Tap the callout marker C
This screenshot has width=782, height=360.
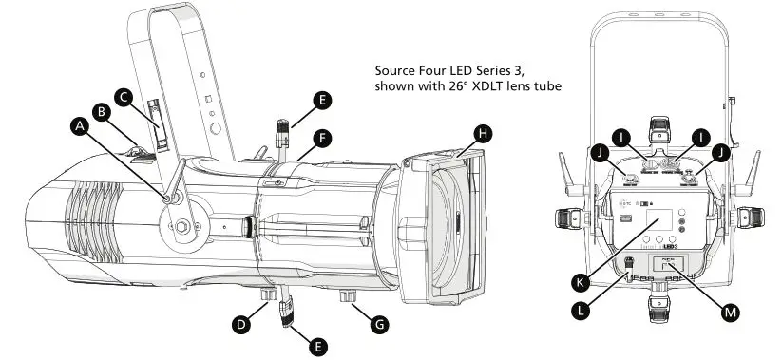[123, 96]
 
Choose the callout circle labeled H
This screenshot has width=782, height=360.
[484, 134]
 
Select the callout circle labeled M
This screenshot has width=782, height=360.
[731, 310]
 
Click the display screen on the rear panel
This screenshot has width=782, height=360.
[659, 224]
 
